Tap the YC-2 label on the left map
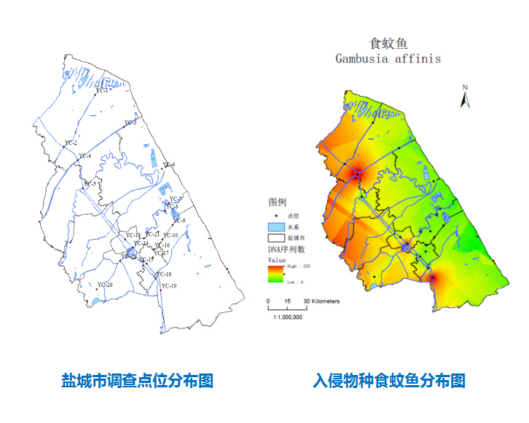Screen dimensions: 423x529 click(71, 143)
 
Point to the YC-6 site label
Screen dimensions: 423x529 click(168, 165)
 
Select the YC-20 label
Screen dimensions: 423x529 click(105, 285)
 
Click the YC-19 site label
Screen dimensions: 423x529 click(169, 286)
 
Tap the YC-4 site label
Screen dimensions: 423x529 click(85, 156)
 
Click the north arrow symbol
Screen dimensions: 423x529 click(464, 97)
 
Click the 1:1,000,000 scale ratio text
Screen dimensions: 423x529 click(287, 317)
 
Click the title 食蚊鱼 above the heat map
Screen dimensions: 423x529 click(388, 41)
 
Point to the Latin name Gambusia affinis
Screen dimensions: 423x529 click(388, 58)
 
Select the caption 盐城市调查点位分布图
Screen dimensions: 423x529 click(137, 380)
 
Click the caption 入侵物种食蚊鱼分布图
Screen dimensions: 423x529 click(389, 380)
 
